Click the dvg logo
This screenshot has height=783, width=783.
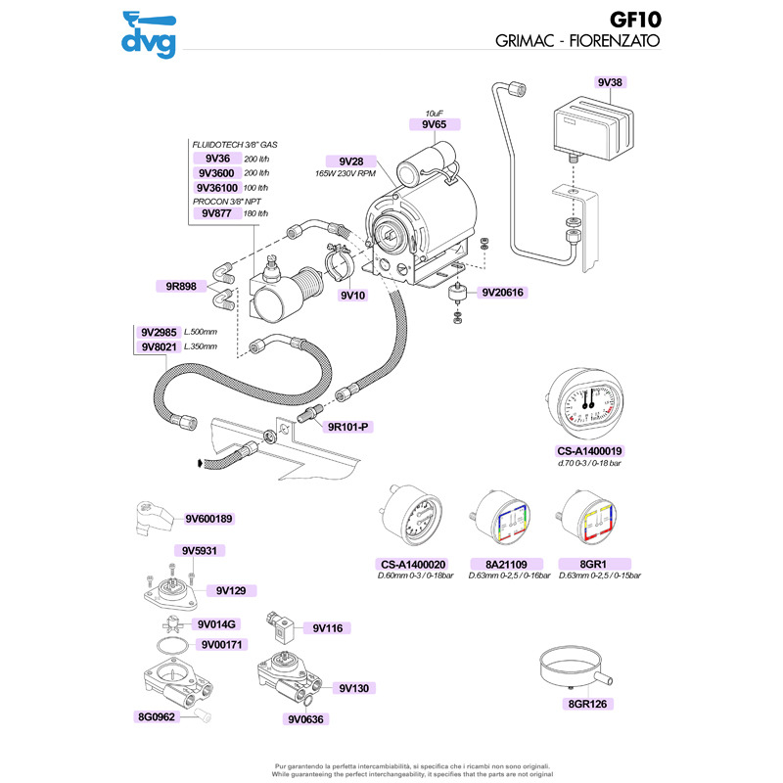point(148,35)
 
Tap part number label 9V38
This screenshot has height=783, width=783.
point(608,82)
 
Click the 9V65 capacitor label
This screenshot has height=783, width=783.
point(434,124)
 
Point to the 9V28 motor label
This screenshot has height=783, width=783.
point(351,161)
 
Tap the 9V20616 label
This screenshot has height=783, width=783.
point(503,292)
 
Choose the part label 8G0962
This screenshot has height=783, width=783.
point(155,717)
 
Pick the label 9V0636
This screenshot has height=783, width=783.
point(307,719)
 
